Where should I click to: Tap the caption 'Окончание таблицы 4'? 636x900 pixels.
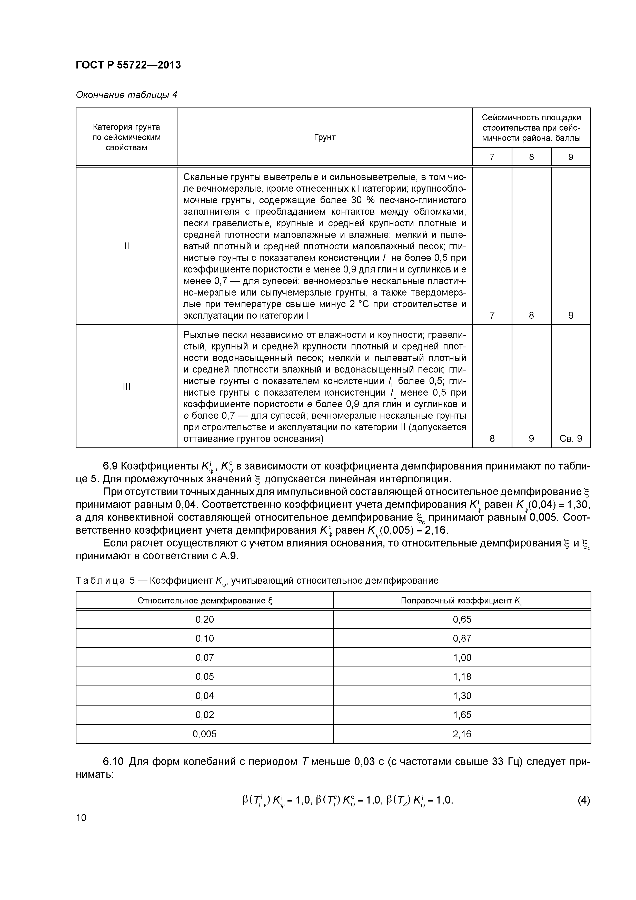coord(126,95)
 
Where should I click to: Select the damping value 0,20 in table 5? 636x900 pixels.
coord(205,619)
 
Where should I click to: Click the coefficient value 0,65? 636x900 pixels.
coord(462,619)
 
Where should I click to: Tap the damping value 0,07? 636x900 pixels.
coord(205,657)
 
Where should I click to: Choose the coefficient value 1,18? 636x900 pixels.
coord(462,677)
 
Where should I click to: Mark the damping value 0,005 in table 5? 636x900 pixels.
coord(205,734)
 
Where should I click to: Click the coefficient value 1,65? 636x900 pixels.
coord(462,715)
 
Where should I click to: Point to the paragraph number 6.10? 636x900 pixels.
coord(113,762)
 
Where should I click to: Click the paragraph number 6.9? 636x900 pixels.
coord(110,466)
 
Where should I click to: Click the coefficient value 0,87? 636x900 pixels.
coord(462,638)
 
